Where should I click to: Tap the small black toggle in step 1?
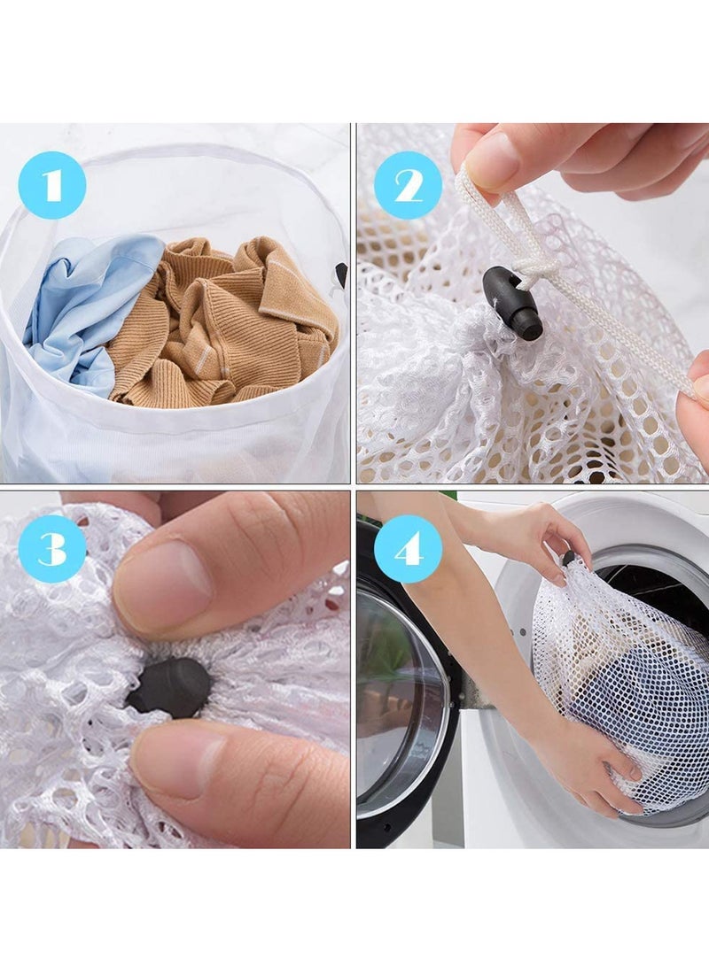(x=341, y=274)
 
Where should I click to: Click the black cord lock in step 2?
(x=515, y=304)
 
